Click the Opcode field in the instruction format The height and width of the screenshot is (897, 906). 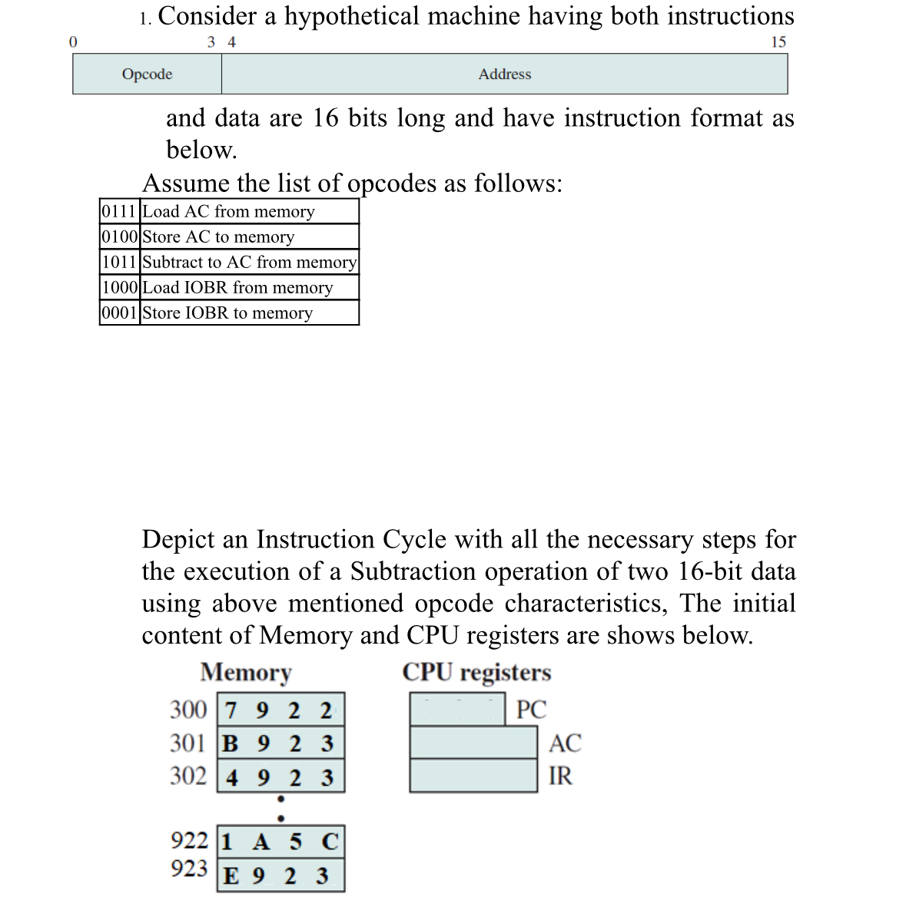[x=147, y=74]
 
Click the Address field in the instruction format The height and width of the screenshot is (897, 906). [x=504, y=74]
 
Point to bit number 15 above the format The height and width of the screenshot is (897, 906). [x=778, y=42]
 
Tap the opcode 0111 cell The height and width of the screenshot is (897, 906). [x=120, y=211]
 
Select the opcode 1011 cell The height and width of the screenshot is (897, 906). [x=120, y=262]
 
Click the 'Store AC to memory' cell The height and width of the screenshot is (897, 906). [x=249, y=237]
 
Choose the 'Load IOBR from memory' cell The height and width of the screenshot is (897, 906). [x=249, y=287]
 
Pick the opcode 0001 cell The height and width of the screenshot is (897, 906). [x=120, y=313]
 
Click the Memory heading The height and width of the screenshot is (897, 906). [x=246, y=672]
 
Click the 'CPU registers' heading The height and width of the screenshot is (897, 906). [x=476, y=672]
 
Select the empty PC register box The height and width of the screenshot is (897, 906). [x=457, y=709]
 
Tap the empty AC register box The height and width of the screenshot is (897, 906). [x=473, y=743]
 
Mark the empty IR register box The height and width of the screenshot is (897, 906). [x=473, y=776]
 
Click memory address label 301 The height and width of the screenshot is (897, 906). [x=188, y=743]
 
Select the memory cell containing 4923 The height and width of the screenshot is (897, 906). [x=280, y=777]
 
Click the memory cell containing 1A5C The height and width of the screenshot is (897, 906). [x=280, y=842]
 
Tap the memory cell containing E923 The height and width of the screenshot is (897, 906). [x=280, y=875]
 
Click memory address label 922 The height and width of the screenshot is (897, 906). [x=189, y=840]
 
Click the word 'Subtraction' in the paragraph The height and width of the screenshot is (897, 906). [x=413, y=571]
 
